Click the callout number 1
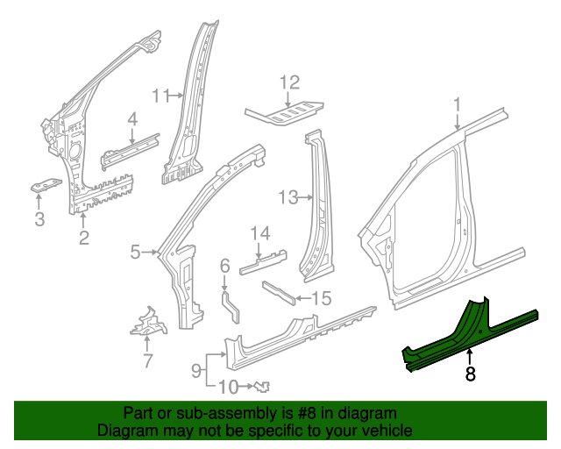point(457,106)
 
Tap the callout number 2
point(84,238)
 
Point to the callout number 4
point(132,119)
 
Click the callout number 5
point(135,253)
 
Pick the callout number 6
point(224,266)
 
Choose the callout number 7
point(147,360)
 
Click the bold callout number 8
point(471,374)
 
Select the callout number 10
point(226,387)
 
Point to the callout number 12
point(289,84)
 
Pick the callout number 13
point(288,197)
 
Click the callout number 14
point(259,233)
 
